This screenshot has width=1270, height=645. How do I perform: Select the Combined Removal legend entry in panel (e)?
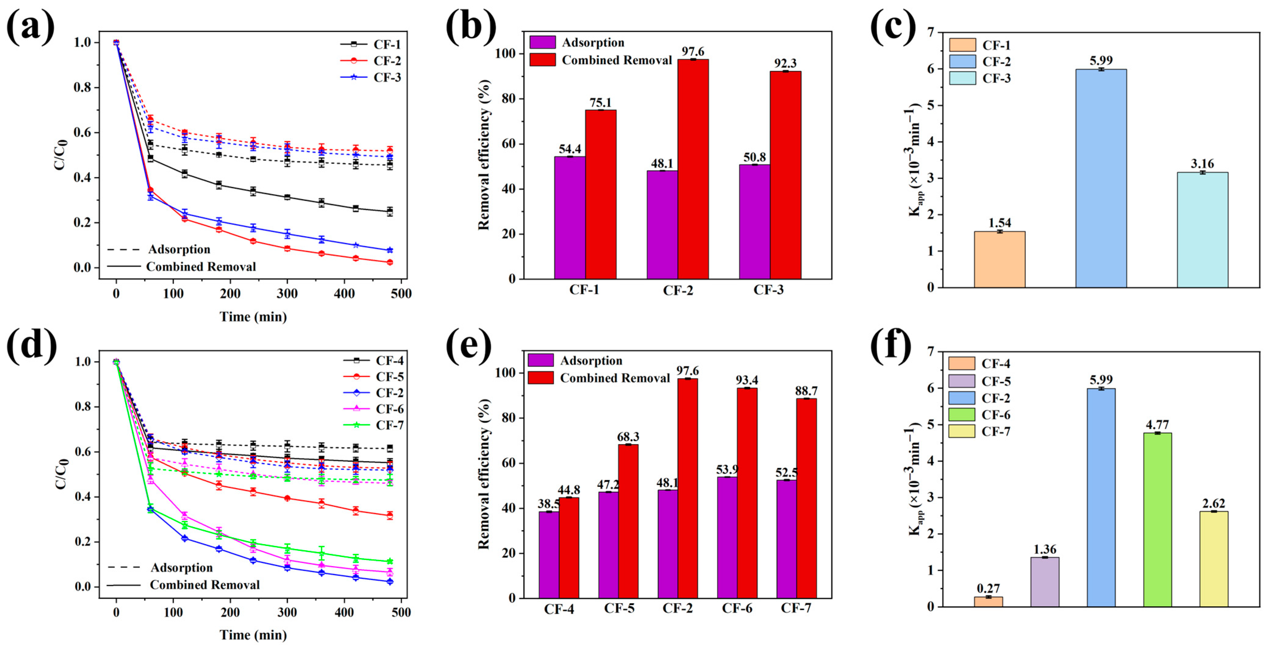click(x=598, y=378)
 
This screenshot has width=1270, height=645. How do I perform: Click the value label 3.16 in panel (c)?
click(x=1202, y=164)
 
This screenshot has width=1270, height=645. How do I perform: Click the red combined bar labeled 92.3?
click(x=785, y=175)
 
